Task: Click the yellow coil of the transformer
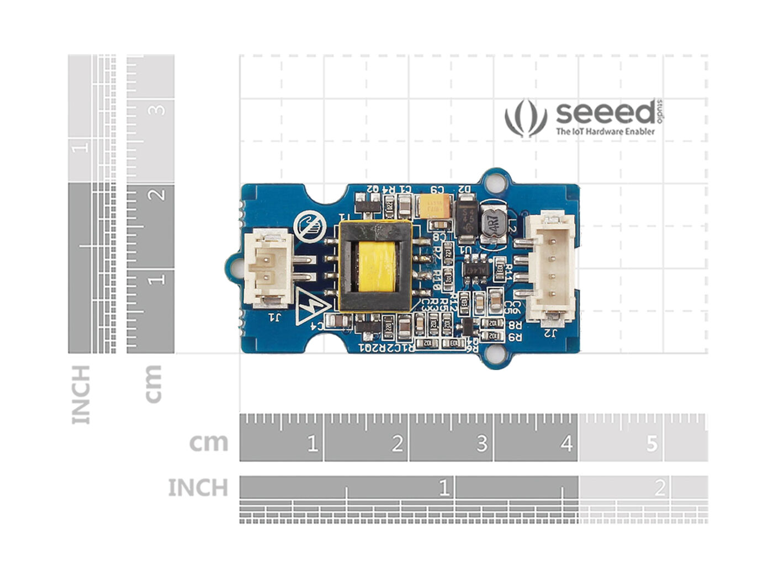375,267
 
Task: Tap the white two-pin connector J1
268,268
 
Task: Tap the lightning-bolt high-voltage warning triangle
312,306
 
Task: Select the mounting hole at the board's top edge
498,181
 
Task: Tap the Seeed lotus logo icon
525,117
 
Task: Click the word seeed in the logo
605,113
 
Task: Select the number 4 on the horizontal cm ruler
566,444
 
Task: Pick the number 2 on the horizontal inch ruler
659,488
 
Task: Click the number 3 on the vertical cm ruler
158,109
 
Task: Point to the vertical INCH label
81,394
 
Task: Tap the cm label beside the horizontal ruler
208,442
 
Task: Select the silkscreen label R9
515,336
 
